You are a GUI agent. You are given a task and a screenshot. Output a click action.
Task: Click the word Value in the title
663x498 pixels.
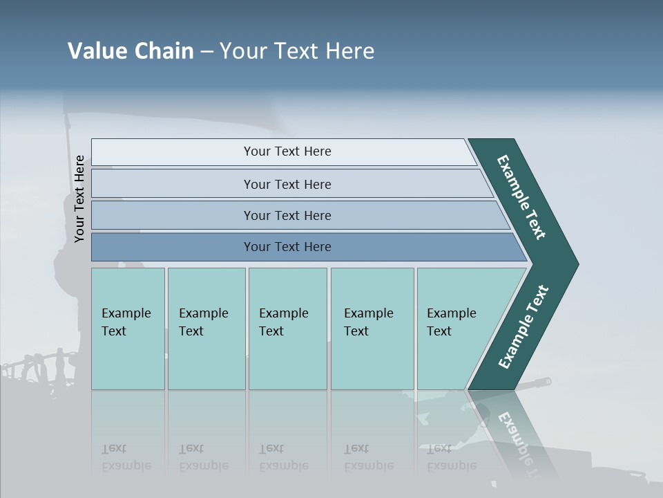[97, 51]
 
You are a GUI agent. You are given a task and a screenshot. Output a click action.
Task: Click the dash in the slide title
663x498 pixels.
[206, 52]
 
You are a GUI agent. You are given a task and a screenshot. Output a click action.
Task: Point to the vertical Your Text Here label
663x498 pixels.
[79, 199]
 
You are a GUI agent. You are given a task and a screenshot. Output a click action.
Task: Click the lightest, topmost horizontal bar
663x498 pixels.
[287, 151]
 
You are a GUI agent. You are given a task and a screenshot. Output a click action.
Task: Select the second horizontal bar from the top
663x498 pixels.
[287, 184]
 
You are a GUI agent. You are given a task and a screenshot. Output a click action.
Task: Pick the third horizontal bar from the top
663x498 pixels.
[287, 215]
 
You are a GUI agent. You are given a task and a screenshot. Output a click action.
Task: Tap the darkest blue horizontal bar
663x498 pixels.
[287, 247]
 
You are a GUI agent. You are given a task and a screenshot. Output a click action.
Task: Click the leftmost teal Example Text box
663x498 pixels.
[128, 329]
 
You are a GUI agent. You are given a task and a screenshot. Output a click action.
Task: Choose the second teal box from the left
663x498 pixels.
[206, 329]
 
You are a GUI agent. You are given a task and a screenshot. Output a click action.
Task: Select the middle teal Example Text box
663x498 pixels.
[287, 329]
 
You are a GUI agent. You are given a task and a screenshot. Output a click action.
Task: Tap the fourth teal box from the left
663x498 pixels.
[372, 329]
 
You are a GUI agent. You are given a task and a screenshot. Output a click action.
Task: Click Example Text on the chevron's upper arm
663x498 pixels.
[521, 197]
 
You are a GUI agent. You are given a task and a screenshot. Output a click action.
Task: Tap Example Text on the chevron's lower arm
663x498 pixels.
[523, 326]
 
